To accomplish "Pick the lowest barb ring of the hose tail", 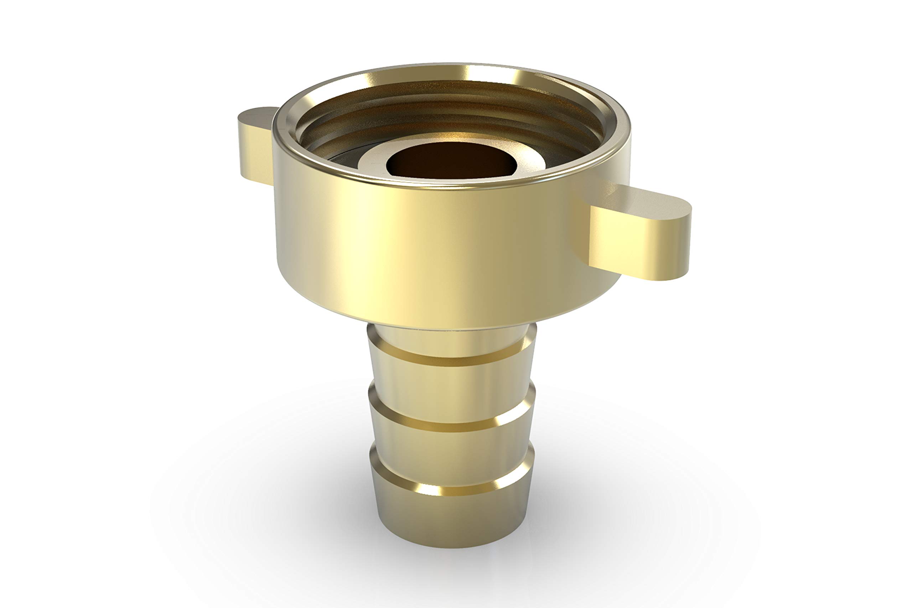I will pyautogui.click(x=452, y=512).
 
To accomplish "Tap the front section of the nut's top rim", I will pyautogui.click(x=452, y=184).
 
